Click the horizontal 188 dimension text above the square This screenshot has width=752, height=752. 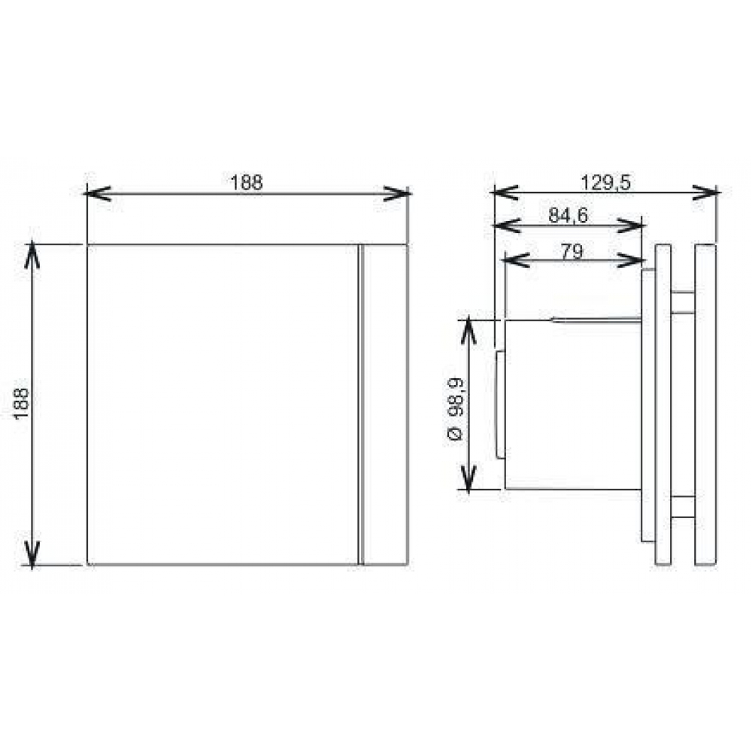coord(247,183)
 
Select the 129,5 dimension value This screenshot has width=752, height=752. coord(605,183)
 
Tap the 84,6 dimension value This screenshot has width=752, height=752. coord(569,216)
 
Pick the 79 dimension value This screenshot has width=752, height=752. coord(572,252)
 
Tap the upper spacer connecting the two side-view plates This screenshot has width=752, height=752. coord(683,302)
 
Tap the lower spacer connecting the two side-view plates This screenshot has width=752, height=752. coord(683,508)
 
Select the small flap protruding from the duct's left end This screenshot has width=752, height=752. coord(500,403)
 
